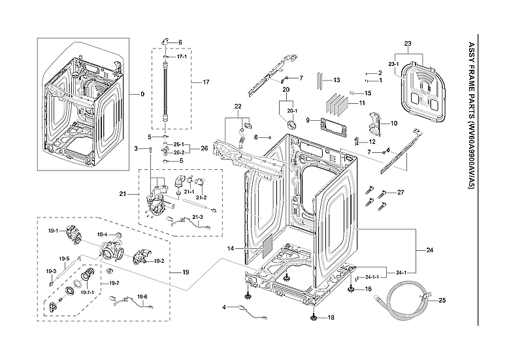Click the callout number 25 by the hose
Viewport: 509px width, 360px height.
pos(442,301)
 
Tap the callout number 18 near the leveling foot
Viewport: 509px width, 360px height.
pos(331,318)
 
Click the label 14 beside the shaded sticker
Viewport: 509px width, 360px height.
pos(230,249)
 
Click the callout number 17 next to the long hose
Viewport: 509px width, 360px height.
pos(205,82)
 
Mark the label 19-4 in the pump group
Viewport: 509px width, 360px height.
pos(102,234)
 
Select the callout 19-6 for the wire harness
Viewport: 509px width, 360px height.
pos(142,297)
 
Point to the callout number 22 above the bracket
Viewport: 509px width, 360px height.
pos(238,106)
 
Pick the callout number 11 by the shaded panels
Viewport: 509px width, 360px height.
pos(361,103)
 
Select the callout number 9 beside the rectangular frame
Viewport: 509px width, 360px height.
pos(307,121)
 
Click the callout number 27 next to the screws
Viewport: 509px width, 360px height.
pos(401,192)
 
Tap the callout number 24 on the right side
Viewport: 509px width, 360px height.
pos(429,250)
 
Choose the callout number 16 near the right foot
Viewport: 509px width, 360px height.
pos(368,289)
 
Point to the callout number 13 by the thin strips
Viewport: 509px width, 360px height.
pos(337,80)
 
